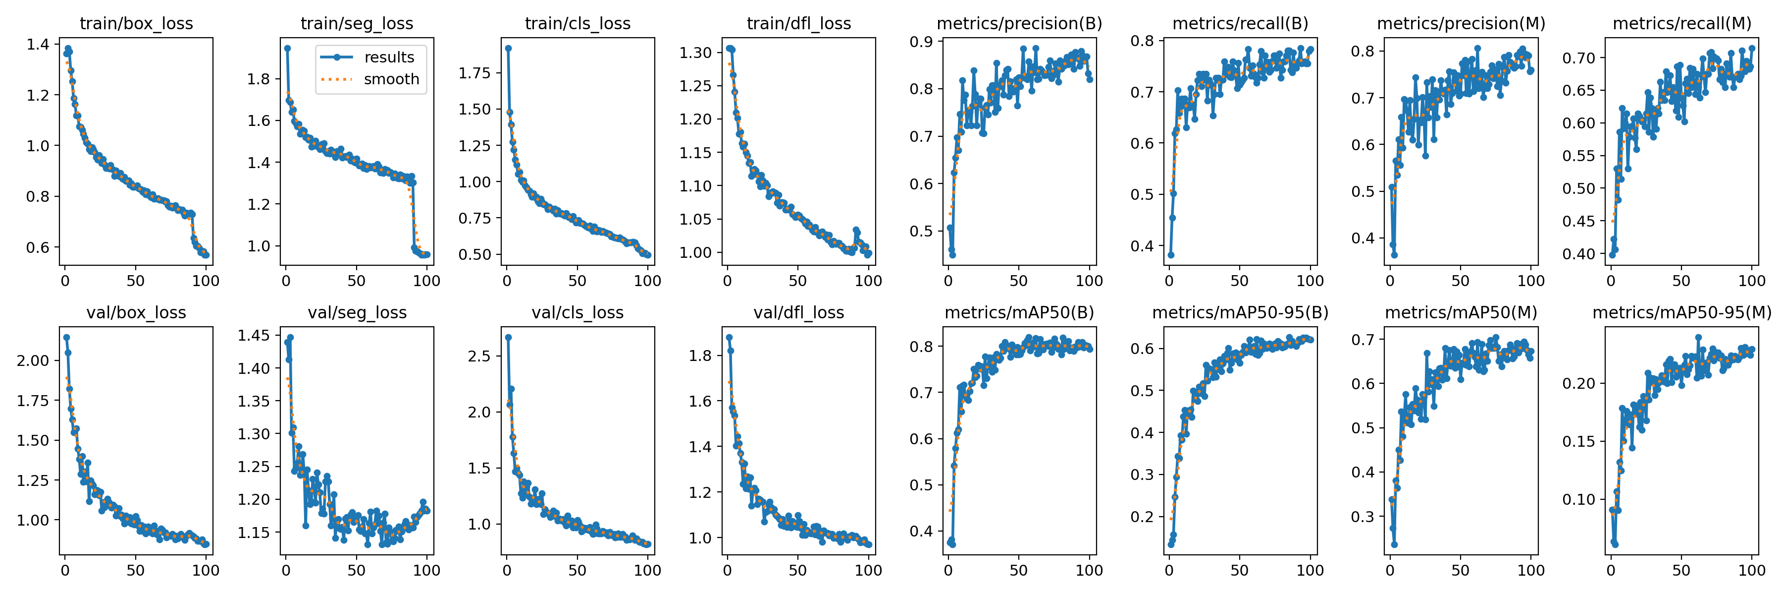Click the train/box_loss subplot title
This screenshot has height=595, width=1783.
(136, 23)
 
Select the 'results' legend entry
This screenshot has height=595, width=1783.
(389, 58)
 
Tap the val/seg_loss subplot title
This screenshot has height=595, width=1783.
(357, 313)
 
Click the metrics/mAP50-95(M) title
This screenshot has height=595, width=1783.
(1681, 313)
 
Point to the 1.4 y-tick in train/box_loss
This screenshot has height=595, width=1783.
(38, 44)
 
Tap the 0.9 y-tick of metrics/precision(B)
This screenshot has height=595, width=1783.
(922, 42)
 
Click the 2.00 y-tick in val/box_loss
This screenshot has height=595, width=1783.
(33, 360)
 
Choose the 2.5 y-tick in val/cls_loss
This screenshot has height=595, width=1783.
(479, 356)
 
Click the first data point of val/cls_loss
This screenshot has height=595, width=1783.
(508, 337)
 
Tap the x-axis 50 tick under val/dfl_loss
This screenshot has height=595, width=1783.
(798, 571)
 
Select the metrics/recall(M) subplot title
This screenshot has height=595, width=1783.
(1681, 23)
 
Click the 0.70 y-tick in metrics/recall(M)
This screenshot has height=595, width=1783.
(1579, 58)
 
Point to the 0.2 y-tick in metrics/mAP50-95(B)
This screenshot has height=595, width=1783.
(1143, 517)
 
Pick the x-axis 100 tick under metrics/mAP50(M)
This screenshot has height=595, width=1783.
(1530, 571)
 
